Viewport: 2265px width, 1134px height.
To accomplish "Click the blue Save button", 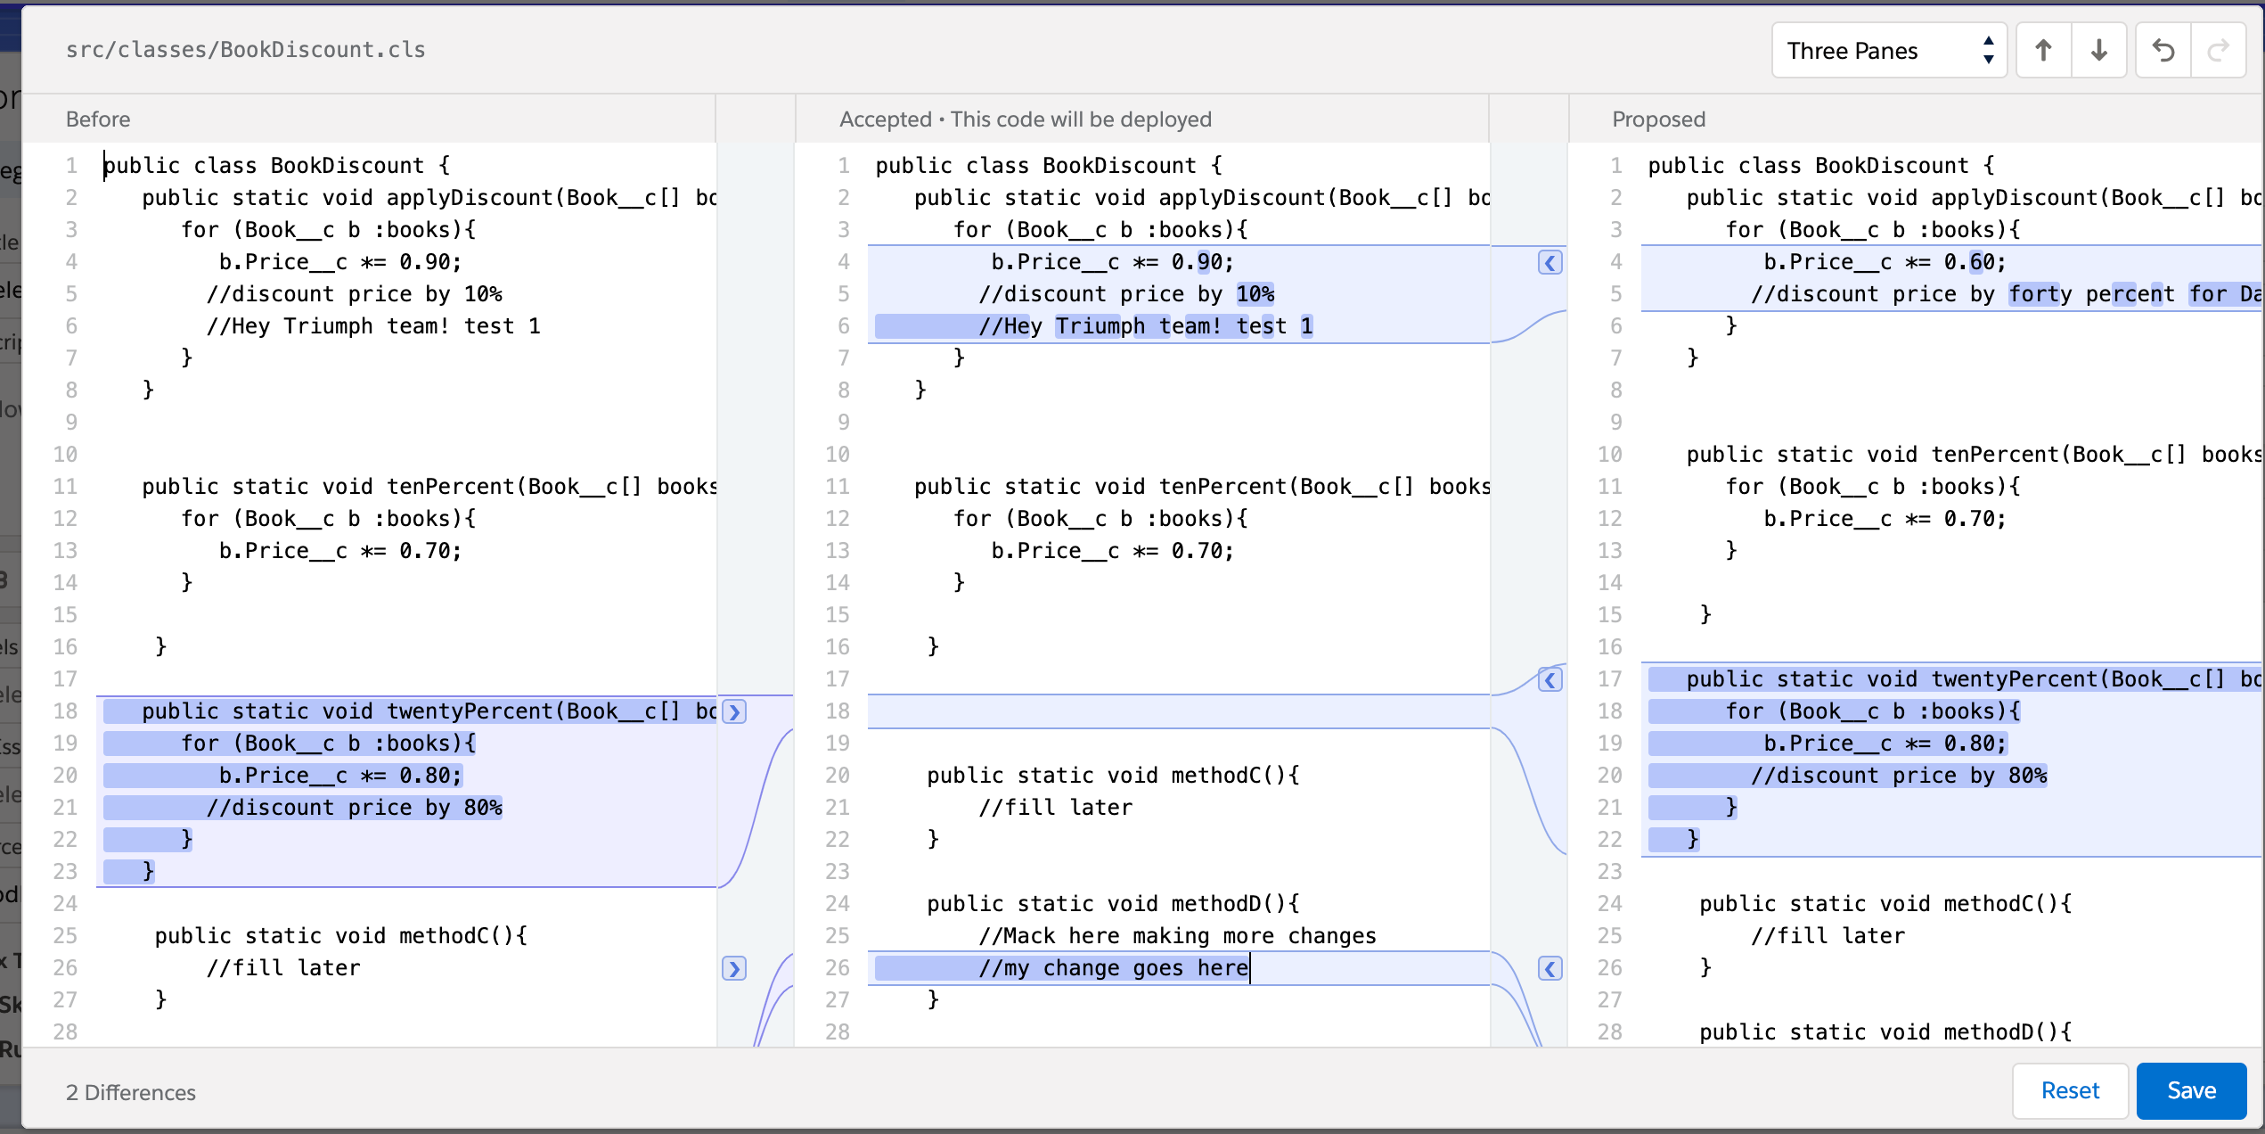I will point(2190,1090).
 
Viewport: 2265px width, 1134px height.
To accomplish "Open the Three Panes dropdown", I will point(1888,51).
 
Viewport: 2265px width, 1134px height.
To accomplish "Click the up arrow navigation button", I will point(2043,51).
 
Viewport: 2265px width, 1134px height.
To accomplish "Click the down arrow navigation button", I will point(2098,51).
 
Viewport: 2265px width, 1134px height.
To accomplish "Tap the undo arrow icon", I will point(2163,51).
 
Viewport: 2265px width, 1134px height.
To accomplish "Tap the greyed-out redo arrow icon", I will point(2218,51).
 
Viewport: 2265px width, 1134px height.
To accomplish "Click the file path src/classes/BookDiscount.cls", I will point(245,50).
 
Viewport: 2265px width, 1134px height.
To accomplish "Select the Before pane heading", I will point(98,119).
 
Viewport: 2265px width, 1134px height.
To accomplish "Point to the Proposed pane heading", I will point(1658,119).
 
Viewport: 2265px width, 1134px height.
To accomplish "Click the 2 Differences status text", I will point(131,1092).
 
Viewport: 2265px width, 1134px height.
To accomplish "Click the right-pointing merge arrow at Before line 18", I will point(734,711).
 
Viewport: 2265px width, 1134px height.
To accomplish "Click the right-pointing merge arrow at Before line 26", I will point(734,968).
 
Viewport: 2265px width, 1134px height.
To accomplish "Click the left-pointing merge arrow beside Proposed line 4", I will point(1550,262).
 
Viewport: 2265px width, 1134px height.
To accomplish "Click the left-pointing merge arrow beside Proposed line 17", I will point(1550,680).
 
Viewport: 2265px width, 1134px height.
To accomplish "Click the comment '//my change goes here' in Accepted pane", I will point(1113,968).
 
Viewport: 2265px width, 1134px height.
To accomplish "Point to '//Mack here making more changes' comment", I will point(1177,936).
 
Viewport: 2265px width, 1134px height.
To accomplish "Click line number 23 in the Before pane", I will point(65,872).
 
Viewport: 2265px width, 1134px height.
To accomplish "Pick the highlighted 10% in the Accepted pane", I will point(1255,294).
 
